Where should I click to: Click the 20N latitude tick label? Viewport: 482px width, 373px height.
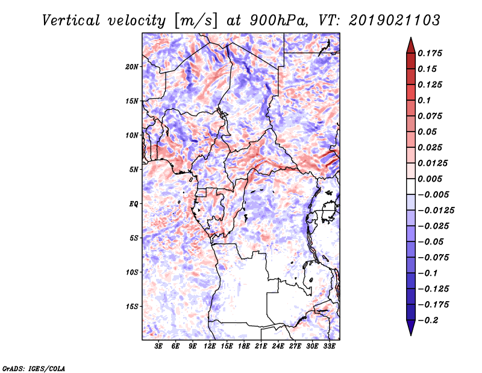coord(133,66)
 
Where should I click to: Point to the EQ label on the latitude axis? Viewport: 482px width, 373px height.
coord(134,204)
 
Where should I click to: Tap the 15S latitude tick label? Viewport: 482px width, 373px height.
coord(133,307)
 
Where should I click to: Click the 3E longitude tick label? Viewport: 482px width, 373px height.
coord(159,347)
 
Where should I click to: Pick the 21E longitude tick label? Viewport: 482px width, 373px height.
coord(261,347)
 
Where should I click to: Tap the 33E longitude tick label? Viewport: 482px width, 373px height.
coord(330,347)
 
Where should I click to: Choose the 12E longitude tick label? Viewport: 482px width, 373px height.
coord(210,347)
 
